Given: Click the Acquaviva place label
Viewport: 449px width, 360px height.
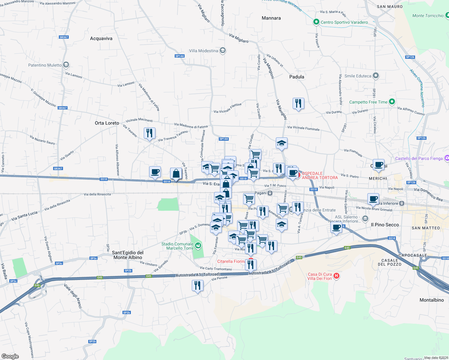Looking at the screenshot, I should (x=101, y=38).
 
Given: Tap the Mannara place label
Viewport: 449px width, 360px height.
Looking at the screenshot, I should (x=271, y=18).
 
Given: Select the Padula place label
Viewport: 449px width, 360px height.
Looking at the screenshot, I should (x=297, y=77).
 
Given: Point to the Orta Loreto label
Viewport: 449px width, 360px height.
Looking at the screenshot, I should (x=107, y=123).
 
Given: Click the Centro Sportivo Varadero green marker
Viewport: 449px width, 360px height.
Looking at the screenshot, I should (x=316, y=22).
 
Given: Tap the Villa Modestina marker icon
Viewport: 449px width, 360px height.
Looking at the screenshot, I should (x=222, y=50).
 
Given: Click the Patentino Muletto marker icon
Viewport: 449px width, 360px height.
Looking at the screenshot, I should (x=66, y=64).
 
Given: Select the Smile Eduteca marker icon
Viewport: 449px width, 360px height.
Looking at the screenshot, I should (x=375, y=76).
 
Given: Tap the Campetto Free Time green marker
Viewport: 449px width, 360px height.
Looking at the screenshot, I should (x=392, y=102).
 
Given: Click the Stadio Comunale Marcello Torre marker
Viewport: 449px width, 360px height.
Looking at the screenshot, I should (x=198, y=246).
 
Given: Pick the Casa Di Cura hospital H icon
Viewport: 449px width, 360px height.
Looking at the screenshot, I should (x=336, y=276).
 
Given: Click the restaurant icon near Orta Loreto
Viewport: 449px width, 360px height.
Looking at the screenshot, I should (x=149, y=133).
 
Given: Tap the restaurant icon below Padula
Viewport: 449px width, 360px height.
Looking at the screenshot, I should (x=298, y=103).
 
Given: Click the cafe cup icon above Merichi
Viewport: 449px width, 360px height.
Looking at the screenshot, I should (x=379, y=165).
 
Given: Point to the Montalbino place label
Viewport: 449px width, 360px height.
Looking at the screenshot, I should (x=432, y=300).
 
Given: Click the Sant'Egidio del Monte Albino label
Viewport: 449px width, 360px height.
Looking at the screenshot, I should (x=128, y=255).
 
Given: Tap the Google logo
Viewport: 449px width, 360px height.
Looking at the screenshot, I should (x=10, y=356).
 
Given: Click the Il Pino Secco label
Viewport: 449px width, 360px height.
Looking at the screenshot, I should (x=385, y=225).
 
